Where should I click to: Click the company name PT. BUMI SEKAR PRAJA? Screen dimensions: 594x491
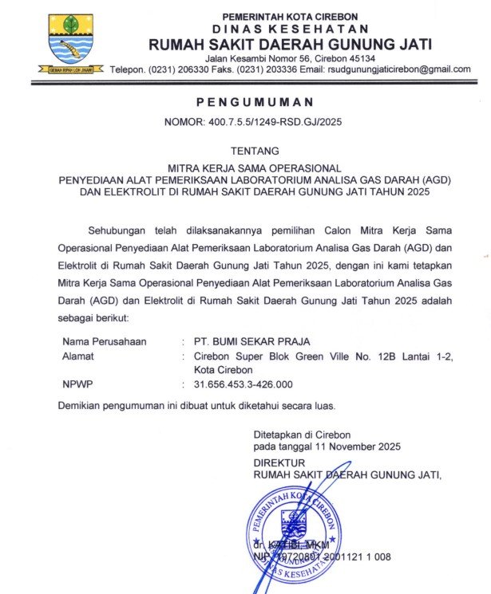pyautogui.click(x=251, y=342)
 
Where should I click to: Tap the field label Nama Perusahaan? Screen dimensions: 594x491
pyautogui.click(x=105, y=342)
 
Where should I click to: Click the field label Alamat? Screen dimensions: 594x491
pyautogui.click(x=77, y=356)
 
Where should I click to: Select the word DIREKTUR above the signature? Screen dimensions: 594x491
pyautogui.click(x=279, y=462)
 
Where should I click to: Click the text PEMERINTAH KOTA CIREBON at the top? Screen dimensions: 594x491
pyautogui.click(x=290, y=16)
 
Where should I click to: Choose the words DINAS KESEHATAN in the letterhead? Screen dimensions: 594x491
pyautogui.click(x=290, y=29)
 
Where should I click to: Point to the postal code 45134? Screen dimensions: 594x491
pyautogui.click(x=358, y=58)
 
